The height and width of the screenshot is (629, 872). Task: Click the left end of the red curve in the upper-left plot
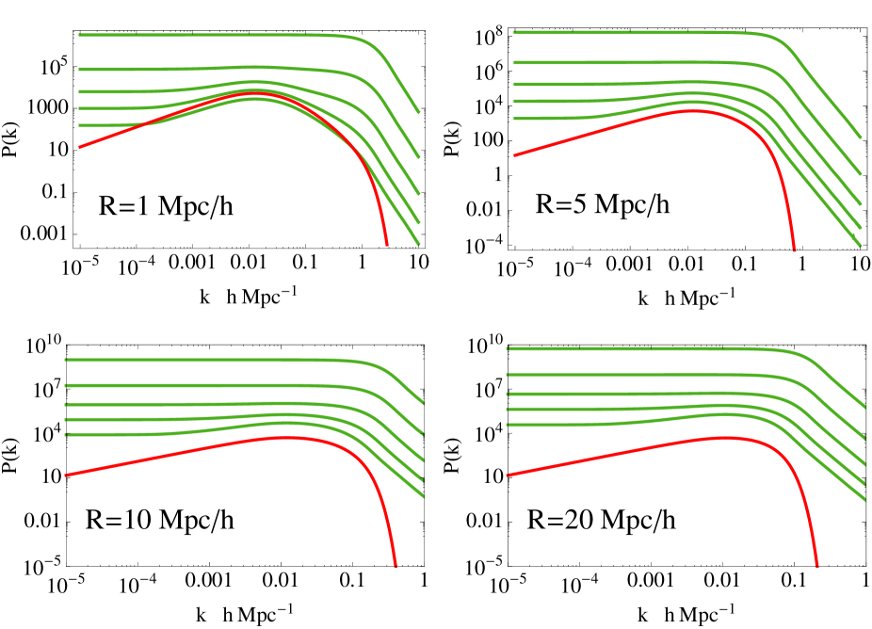pyautogui.click(x=79, y=148)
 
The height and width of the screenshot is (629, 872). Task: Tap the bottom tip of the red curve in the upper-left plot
pyautogui.click(x=387, y=245)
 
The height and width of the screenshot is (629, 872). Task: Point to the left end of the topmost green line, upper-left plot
pyautogui.click(x=79, y=36)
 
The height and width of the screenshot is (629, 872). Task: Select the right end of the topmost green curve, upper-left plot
pyautogui.click(x=418, y=113)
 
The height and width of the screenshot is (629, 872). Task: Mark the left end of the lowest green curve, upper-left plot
pyautogui.click(x=79, y=125)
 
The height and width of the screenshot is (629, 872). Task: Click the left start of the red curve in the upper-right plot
pyautogui.click(x=514, y=156)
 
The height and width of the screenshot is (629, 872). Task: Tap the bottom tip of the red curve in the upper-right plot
pyautogui.click(x=794, y=250)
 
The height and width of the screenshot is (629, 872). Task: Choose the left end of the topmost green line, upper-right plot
pyautogui.click(x=514, y=32)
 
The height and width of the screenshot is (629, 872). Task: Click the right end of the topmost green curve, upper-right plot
pyautogui.click(x=861, y=137)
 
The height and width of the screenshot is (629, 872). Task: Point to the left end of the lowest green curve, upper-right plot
pyautogui.click(x=514, y=119)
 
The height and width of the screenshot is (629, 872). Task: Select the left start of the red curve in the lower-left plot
pyautogui.click(x=65, y=476)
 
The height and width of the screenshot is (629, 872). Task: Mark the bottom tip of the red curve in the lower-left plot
pyautogui.click(x=395, y=566)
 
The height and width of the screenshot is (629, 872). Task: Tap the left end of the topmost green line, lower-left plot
pyautogui.click(x=65, y=360)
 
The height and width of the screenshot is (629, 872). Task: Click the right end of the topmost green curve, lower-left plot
pyautogui.click(x=423, y=403)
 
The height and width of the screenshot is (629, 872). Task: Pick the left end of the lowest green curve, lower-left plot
pyautogui.click(x=65, y=435)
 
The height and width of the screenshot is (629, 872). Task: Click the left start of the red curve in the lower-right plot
pyautogui.click(x=508, y=476)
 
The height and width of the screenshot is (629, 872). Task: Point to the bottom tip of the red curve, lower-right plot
pyautogui.click(x=816, y=566)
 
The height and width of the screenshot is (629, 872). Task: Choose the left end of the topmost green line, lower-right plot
pyautogui.click(x=508, y=348)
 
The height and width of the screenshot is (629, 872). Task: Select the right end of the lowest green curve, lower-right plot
pyautogui.click(x=864, y=500)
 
